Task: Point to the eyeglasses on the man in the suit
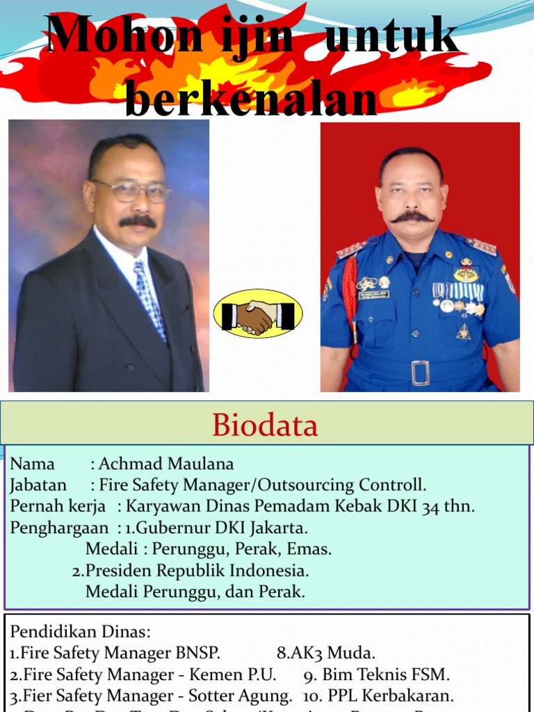coord(132,191)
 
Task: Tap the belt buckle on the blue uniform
coord(420,373)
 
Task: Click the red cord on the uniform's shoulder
coord(350,292)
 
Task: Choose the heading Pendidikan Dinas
coord(80,631)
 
